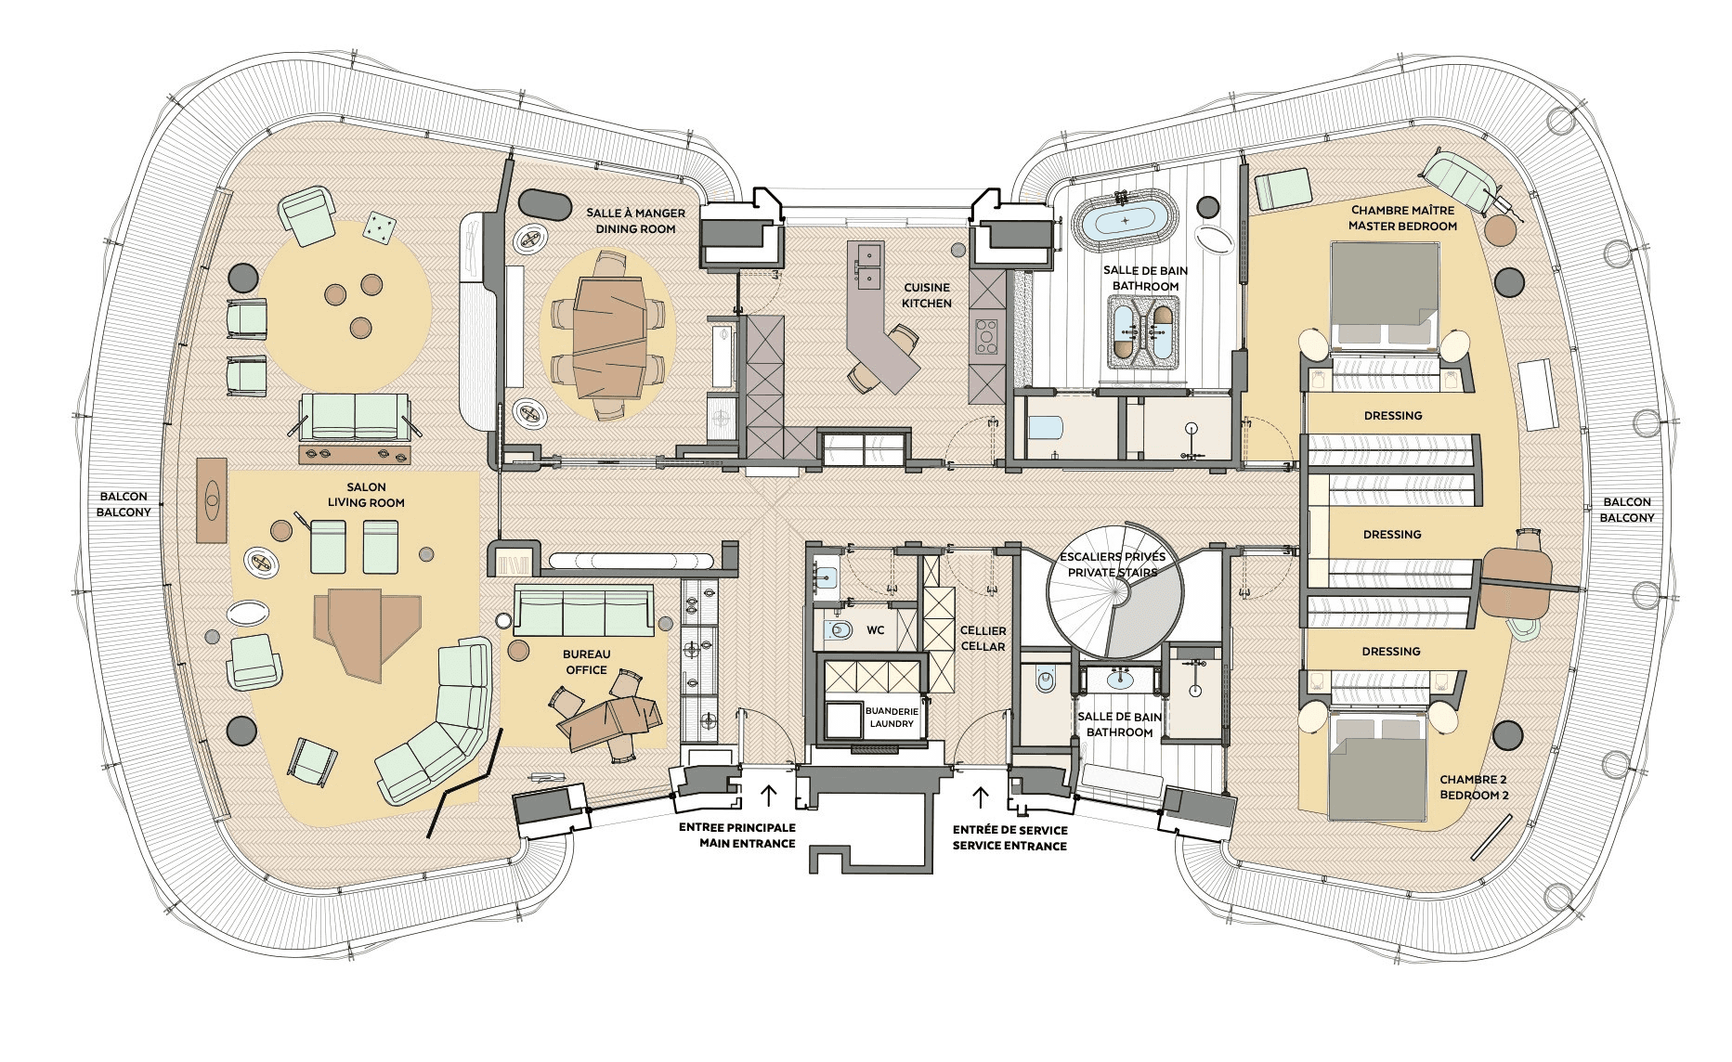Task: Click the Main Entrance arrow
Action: (768, 796)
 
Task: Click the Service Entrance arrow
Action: (980, 796)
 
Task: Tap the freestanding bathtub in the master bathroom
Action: (1126, 221)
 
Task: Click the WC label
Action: (875, 631)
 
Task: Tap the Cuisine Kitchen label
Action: (927, 295)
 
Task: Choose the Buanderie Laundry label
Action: (892, 718)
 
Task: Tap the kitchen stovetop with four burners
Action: (986, 336)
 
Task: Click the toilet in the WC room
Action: (840, 631)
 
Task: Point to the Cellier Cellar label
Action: (983, 639)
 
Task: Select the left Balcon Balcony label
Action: (124, 504)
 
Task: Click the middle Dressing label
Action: (1392, 535)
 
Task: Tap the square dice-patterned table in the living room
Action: (377, 227)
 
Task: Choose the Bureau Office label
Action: (586, 662)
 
